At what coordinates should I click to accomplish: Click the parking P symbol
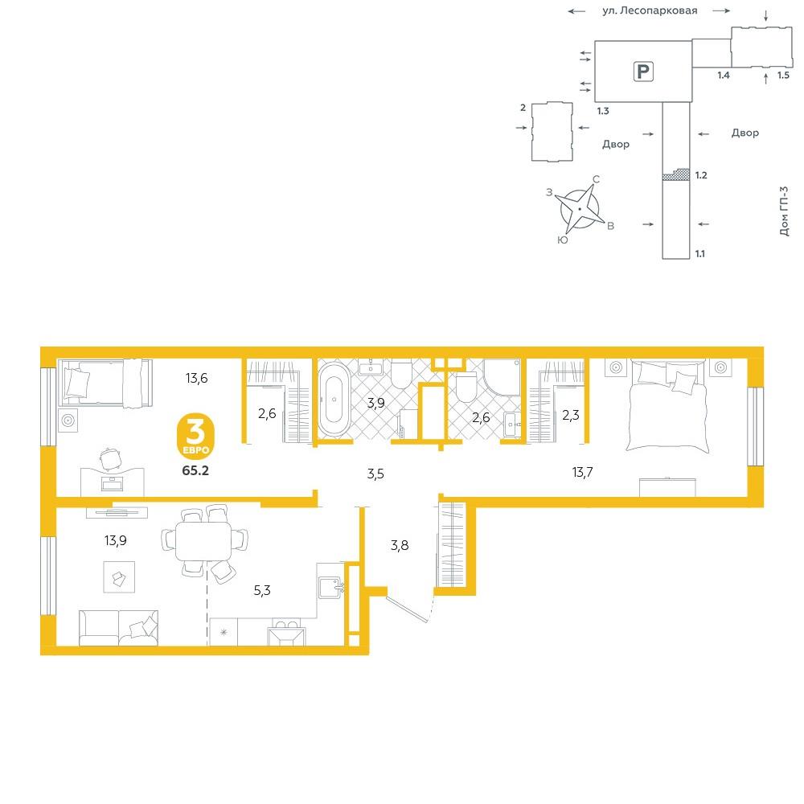(643, 72)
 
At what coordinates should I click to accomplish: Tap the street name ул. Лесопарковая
(650, 10)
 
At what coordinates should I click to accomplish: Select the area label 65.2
(195, 470)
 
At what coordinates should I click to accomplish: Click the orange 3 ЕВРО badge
(195, 436)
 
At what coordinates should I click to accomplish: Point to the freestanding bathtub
(334, 400)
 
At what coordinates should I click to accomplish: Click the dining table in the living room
(203, 541)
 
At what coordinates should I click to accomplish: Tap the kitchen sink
(330, 588)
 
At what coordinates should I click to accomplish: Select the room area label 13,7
(582, 472)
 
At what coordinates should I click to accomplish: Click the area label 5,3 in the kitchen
(262, 591)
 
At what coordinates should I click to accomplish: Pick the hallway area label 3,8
(400, 545)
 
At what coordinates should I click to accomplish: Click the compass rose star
(580, 209)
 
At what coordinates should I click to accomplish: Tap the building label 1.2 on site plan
(701, 175)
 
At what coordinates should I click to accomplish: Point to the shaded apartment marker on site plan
(676, 174)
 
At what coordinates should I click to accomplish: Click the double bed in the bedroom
(667, 406)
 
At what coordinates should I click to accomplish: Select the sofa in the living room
(118, 628)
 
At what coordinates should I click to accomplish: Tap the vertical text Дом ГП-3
(784, 211)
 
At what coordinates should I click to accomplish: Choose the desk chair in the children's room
(109, 459)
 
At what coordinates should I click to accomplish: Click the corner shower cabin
(502, 377)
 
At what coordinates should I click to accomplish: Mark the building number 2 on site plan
(523, 107)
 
